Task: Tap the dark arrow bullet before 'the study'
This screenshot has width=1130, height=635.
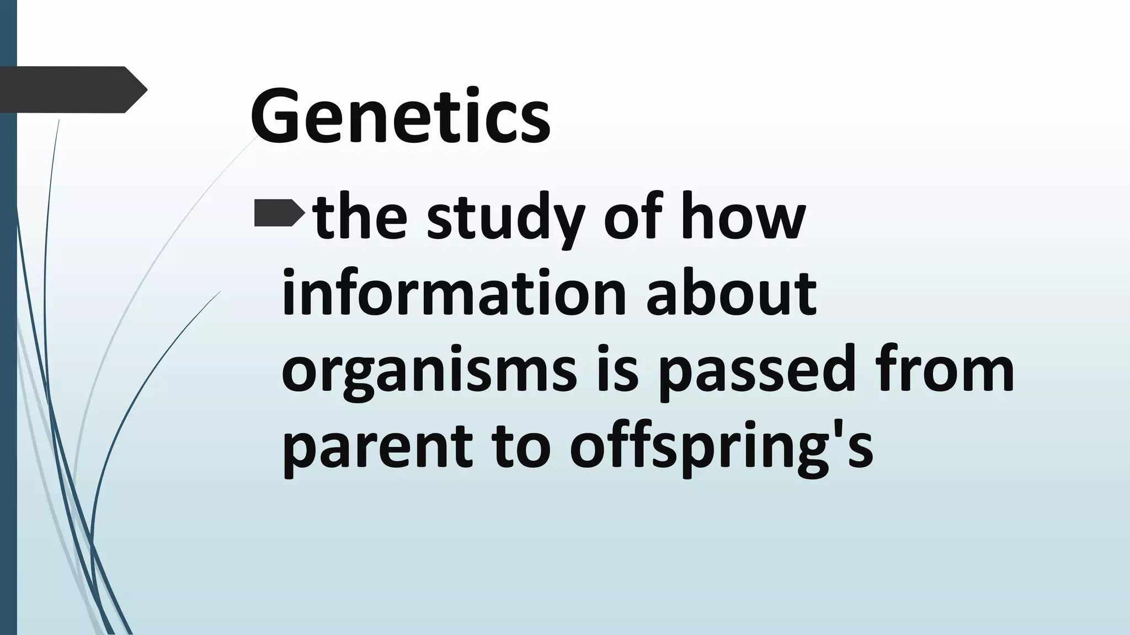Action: coord(279,214)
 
